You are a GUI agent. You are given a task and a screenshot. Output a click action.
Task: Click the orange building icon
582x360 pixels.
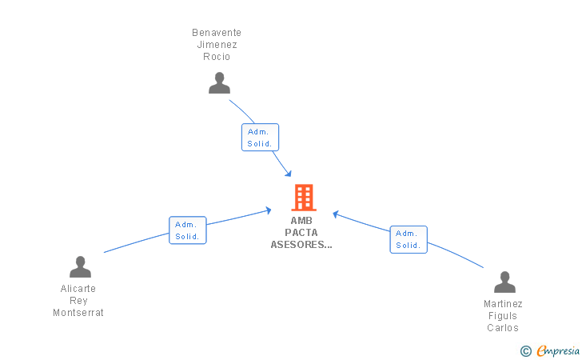point(304,198)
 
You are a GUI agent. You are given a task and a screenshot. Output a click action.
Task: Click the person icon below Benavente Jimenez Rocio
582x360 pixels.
point(219,83)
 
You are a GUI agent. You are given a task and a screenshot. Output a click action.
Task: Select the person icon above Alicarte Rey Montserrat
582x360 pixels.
point(80,266)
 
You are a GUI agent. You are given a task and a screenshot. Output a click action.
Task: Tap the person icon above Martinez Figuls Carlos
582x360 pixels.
point(504,282)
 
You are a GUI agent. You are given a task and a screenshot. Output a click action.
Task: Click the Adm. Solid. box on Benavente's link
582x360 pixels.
point(260,137)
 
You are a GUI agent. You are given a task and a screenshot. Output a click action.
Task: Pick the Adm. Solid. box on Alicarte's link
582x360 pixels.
point(187,230)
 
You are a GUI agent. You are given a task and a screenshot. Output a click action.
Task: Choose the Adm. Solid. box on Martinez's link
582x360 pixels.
point(409,240)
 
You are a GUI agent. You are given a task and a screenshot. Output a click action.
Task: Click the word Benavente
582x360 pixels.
point(217,33)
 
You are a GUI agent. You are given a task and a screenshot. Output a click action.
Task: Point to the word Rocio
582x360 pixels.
point(217,57)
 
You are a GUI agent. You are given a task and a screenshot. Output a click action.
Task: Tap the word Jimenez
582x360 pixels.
point(217,45)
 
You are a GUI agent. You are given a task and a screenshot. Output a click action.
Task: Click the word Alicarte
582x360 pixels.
point(78,289)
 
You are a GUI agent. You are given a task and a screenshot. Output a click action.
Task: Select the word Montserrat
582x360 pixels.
point(78,313)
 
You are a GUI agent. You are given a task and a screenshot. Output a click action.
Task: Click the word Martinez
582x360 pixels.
point(503,304)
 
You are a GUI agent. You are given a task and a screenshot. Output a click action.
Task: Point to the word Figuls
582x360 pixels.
point(503,316)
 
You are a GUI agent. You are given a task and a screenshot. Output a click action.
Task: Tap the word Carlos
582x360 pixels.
point(503,328)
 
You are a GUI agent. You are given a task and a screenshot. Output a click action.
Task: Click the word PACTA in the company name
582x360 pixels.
point(301,233)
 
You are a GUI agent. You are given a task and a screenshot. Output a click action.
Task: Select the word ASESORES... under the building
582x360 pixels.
point(301,245)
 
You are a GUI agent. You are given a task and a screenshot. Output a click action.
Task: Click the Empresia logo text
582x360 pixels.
point(558,350)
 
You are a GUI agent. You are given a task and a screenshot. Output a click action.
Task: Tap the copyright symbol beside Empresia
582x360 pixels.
point(526,351)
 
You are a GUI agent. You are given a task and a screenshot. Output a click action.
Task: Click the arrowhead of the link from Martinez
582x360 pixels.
point(336,214)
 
